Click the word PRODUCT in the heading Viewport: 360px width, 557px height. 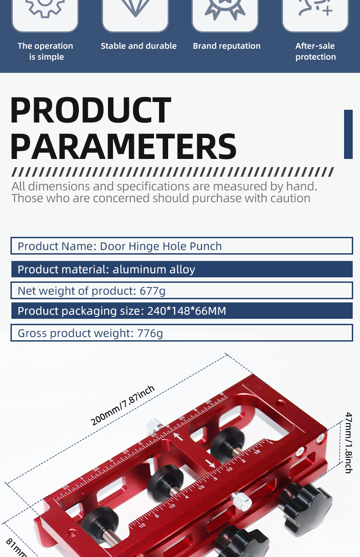91,110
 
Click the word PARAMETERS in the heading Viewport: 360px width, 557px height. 123,147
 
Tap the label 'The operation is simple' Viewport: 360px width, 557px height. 45,51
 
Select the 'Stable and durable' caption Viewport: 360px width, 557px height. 139,46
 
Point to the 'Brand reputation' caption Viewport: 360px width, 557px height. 226,46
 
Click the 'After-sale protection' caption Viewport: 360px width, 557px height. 315,51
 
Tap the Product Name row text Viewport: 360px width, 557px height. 120,246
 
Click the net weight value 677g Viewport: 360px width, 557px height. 153,291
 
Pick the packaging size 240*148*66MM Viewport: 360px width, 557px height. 186,311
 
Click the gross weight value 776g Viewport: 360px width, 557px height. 150,333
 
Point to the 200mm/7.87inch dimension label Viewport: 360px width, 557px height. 123,405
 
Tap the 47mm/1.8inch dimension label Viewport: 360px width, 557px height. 349,443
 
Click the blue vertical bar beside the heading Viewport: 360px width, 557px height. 348,134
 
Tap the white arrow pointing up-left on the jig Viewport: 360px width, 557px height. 178,436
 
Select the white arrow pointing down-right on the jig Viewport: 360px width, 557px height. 210,463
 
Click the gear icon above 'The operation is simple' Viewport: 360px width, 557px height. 45,7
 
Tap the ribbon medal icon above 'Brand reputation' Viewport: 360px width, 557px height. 225,9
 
